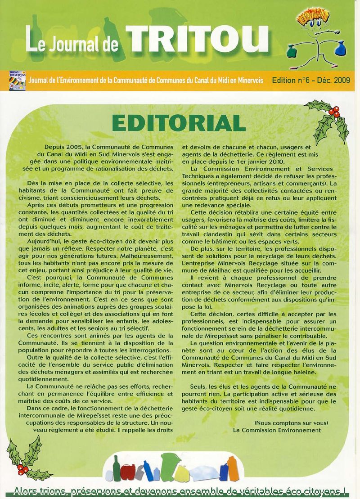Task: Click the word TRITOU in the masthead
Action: click(198, 40)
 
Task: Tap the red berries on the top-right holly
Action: click(334, 111)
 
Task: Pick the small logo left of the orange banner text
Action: click(18, 81)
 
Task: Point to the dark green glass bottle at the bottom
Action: click(116, 468)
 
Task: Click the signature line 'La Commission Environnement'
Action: click(277, 430)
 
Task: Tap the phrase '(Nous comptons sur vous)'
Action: click(291, 423)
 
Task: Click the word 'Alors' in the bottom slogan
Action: click(26, 491)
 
